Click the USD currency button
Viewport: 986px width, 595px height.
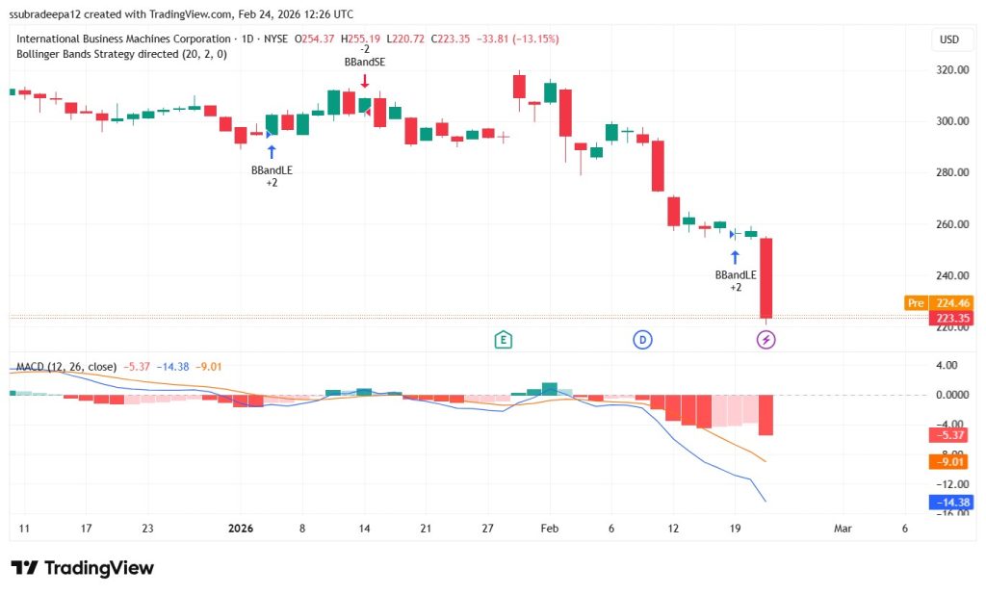coord(948,39)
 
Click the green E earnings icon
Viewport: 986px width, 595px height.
coord(503,339)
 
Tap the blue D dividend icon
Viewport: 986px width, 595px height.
coord(642,339)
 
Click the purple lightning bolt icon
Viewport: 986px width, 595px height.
coord(766,339)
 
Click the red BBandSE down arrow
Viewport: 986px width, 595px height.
coord(364,81)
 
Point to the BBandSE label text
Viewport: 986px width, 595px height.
coord(364,62)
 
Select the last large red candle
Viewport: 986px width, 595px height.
coord(766,277)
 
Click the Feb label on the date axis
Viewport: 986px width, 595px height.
coord(549,528)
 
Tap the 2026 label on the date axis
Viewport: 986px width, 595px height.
coord(240,528)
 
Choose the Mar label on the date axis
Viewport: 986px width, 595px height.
coord(843,528)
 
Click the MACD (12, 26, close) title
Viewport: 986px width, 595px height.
coord(66,367)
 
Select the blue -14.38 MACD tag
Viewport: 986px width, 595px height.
coord(947,502)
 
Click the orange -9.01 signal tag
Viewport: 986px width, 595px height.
coord(947,461)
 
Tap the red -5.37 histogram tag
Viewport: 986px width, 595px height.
coord(947,435)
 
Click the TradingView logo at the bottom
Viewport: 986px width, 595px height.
coord(83,568)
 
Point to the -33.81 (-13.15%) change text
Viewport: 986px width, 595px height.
coord(511,39)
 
